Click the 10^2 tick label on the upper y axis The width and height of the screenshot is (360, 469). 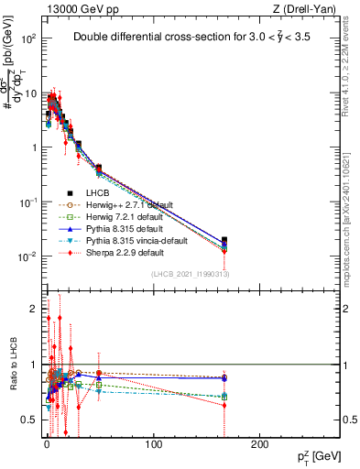(x=29, y=39)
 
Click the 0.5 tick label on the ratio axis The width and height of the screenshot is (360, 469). (x=29, y=419)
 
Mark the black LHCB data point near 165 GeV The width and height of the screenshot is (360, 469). (x=224, y=241)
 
